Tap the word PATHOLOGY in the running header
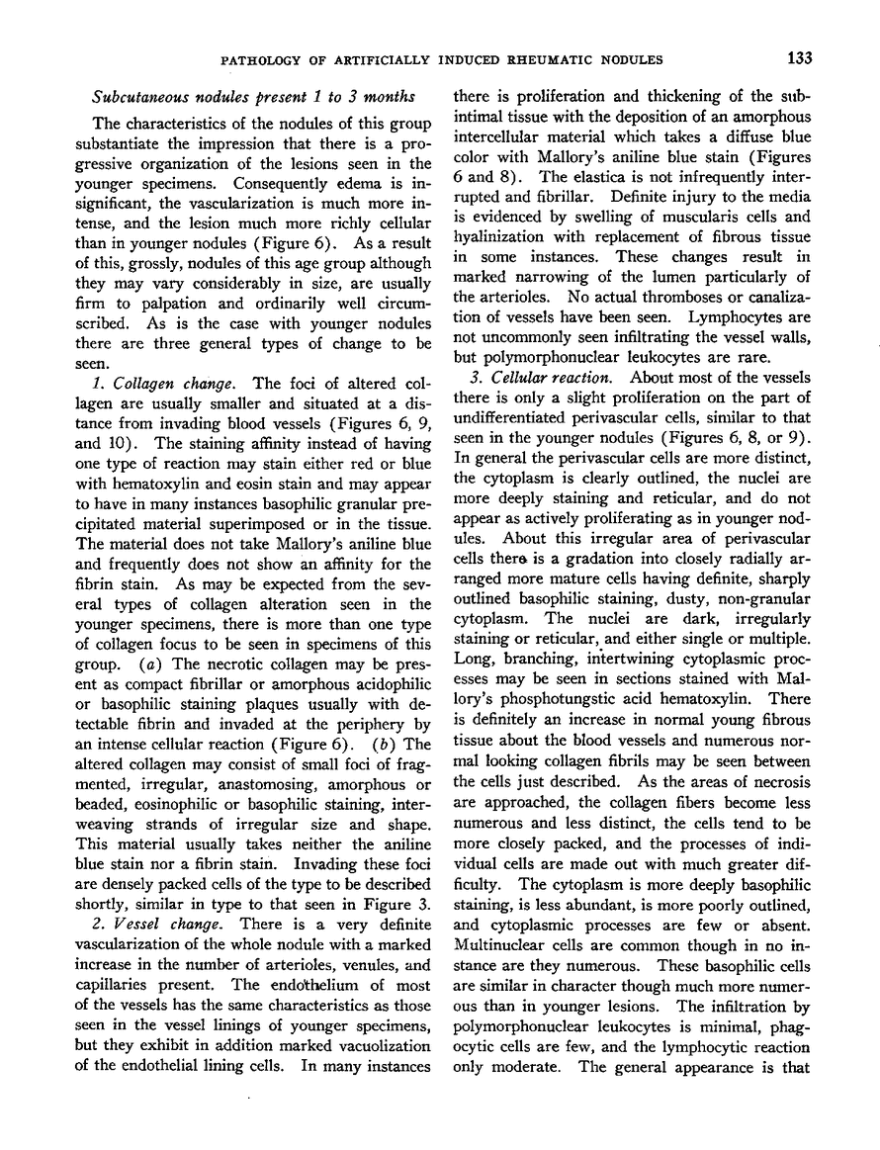[x=258, y=59]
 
